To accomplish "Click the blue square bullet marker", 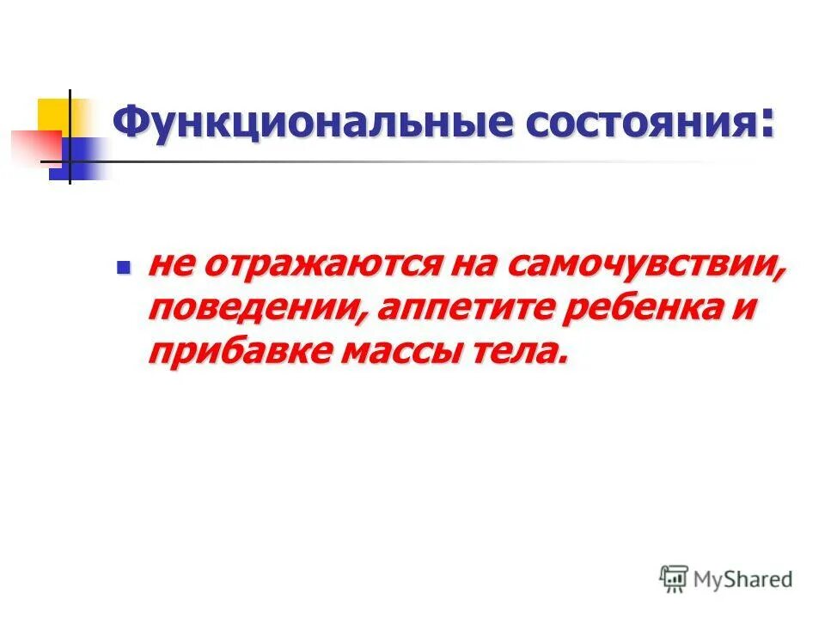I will coord(122,267).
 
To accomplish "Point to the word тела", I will coord(527,351).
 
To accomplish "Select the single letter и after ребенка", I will coord(746,308).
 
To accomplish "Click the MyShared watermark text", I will coord(743,579).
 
